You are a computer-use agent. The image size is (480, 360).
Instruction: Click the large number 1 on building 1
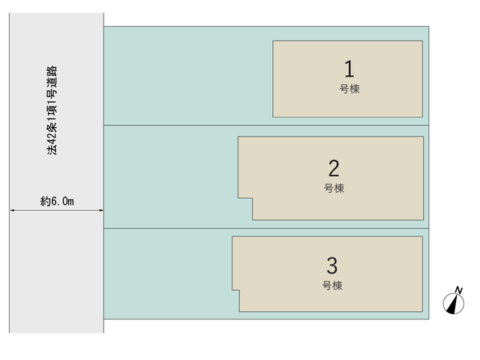[349, 68]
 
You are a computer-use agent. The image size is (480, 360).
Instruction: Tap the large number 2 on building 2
[334, 168]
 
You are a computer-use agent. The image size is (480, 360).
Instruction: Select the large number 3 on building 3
[332, 265]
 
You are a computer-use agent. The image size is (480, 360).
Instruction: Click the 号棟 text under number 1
[349, 89]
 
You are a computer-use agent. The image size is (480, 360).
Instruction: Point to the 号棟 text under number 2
[334, 188]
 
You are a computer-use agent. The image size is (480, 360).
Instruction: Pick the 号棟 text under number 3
[332, 286]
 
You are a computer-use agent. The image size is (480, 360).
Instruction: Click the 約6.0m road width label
[57, 201]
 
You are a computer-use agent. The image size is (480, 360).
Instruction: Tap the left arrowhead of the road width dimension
[12, 210]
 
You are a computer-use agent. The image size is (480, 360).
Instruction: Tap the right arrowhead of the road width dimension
[101, 210]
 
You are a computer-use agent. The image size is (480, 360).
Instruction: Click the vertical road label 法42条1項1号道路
[52, 110]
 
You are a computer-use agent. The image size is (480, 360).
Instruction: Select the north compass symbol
[454, 303]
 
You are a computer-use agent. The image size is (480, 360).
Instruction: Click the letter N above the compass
[458, 290]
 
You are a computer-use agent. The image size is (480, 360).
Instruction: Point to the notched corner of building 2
[252, 198]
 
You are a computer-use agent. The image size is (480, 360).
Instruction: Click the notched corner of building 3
[239, 289]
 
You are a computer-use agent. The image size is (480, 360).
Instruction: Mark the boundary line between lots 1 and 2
[266, 125]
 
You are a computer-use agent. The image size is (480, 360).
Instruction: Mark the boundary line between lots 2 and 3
[266, 228]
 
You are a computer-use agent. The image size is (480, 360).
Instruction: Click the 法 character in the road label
[52, 150]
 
